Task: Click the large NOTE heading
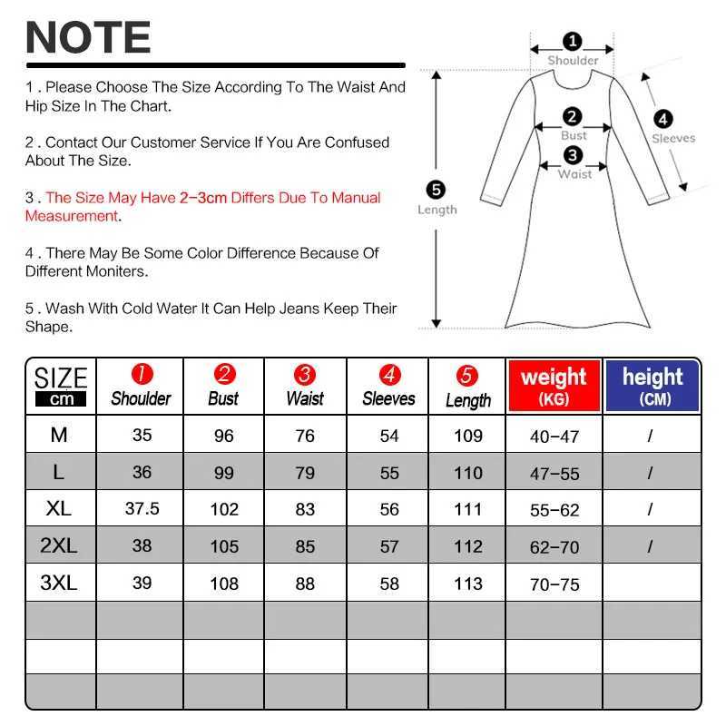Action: [x=88, y=38]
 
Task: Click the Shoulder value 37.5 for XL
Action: [x=142, y=509]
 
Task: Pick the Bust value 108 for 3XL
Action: [x=223, y=584]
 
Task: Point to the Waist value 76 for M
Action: [x=305, y=436]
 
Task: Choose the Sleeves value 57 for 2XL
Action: [x=389, y=546]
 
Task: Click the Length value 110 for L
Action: [x=467, y=472]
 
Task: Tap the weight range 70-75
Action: [x=554, y=584]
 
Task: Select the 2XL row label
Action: [x=60, y=546]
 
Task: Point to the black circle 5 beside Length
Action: [x=437, y=190]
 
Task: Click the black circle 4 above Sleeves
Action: [x=663, y=119]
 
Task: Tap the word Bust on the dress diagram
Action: [x=574, y=136]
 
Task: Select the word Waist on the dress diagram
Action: [x=574, y=174]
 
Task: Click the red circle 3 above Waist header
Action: [x=305, y=375]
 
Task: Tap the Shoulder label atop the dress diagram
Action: [x=573, y=61]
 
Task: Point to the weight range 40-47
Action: [x=554, y=437]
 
